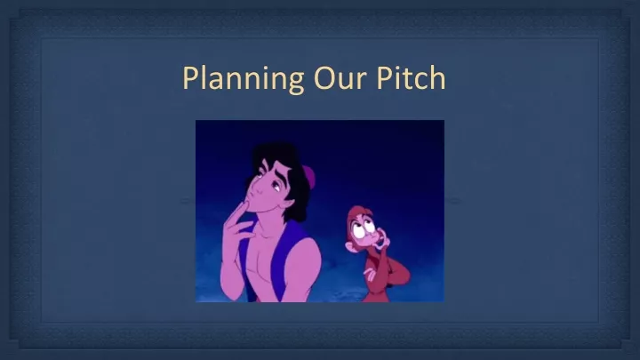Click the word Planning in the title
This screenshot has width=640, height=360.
244,79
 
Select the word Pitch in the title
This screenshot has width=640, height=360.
411,77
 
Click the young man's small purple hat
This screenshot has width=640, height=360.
309,176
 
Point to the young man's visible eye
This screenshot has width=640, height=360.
276,187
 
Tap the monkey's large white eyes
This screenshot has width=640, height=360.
364,229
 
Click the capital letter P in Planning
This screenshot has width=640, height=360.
190,77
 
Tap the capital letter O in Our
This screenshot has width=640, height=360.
324,78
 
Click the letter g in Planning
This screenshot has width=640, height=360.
295,82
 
